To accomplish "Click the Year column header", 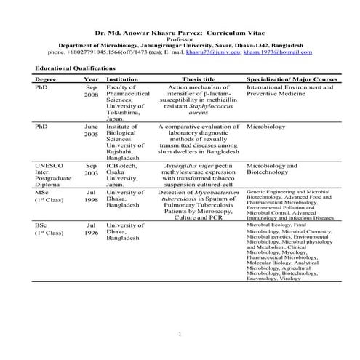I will pyautogui.click(x=91, y=79).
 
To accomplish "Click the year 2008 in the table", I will pyautogui.click(x=91, y=95).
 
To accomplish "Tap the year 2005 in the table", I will pyautogui.click(x=91, y=134).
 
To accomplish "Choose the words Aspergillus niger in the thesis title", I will pyautogui.click(x=187, y=165).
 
